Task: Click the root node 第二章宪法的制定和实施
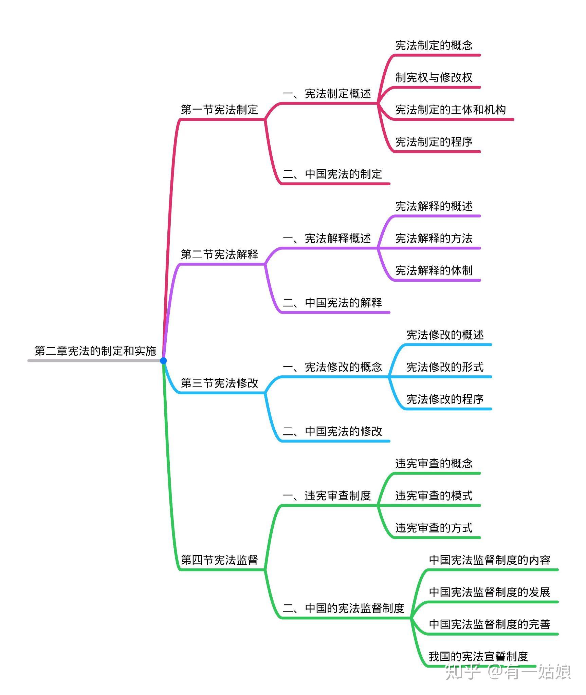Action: (95, 351)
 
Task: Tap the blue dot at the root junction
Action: (163, 360)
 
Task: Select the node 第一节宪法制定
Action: (219, 110)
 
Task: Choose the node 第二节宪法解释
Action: (219, 254)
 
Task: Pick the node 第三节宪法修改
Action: (219, 383)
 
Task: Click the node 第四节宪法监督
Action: (219, 560)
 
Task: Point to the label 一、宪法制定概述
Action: (327, 94)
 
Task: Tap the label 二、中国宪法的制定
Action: (332, 174)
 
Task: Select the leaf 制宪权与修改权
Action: (434, 77)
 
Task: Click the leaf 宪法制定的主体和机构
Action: (451, 110)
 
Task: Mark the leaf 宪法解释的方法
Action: (434, 238)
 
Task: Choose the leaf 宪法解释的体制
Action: (434, 270)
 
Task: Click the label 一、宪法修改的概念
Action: (332, 367)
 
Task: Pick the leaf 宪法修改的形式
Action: (445, 367)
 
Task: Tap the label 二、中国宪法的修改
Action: (332, 431)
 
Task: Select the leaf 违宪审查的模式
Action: (434, 496)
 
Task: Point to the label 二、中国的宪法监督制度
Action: (344, 608)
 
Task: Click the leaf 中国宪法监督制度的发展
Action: (490, 592)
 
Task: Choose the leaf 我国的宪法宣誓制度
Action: (478, 657)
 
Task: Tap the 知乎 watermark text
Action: (462, 671)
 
